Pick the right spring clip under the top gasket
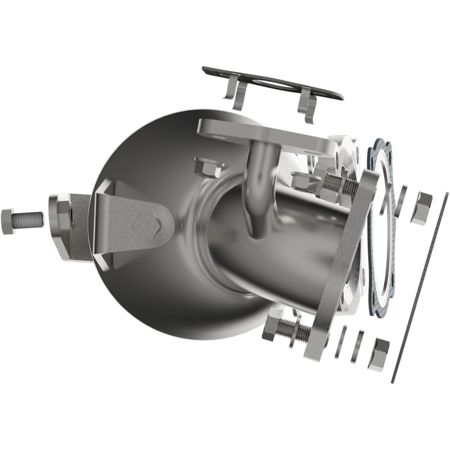(x=307, y=104)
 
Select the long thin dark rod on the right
(x=419, y=287)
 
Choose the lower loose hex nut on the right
(x=379, y=354)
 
